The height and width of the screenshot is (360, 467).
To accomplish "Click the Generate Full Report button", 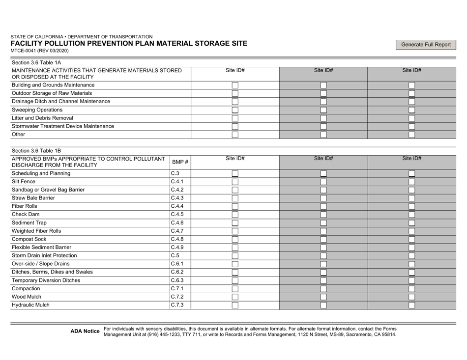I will (426, 45).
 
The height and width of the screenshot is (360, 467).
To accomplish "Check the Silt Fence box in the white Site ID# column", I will (235, 182).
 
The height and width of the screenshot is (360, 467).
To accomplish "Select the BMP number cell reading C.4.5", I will (177, 215).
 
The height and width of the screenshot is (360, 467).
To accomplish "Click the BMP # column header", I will (180, 162).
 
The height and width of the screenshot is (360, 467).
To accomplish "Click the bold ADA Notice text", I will (85, 332).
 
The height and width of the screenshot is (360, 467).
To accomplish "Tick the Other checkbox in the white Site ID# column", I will (235, 135).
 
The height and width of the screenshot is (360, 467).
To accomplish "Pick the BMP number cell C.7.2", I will (177, 297).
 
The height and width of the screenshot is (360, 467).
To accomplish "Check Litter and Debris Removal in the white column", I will (235, 118).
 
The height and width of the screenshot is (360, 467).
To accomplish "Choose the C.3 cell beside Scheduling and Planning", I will (175, 173).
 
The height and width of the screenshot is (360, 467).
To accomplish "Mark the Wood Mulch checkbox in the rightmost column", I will (411, 297).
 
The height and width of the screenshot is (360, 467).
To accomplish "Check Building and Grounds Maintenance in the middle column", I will (323, 85).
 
